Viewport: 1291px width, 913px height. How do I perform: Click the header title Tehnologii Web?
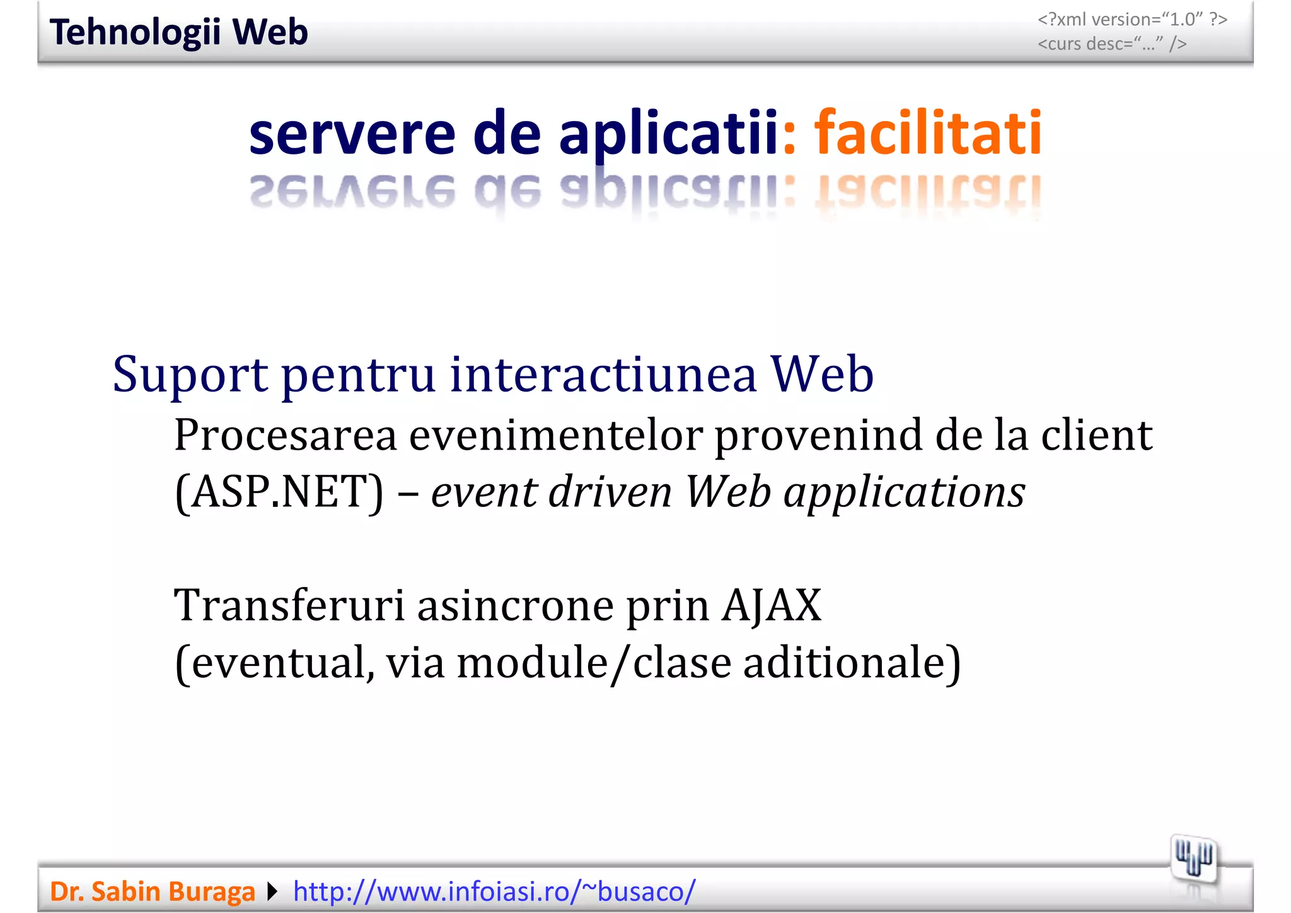click(178, 32)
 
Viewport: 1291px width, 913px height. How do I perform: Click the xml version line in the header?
click(1132, 20)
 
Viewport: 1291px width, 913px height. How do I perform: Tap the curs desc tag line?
click(1112, 44)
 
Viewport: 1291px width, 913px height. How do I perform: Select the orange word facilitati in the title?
click(927, 133)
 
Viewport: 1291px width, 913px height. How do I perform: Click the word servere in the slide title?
click(352, 134)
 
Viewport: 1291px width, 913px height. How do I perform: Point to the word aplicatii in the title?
click(668, 134)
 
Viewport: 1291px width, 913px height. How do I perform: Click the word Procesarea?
click(286, 435)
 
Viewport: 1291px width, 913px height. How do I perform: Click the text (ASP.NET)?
click(279, 492)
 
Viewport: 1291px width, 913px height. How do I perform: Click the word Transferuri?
click(289, 605)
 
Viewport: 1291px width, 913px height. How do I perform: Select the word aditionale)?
click(852, 663)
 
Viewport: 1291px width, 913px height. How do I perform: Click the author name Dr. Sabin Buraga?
click(153, 892)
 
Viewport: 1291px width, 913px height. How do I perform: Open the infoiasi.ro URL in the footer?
click(494, 892)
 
